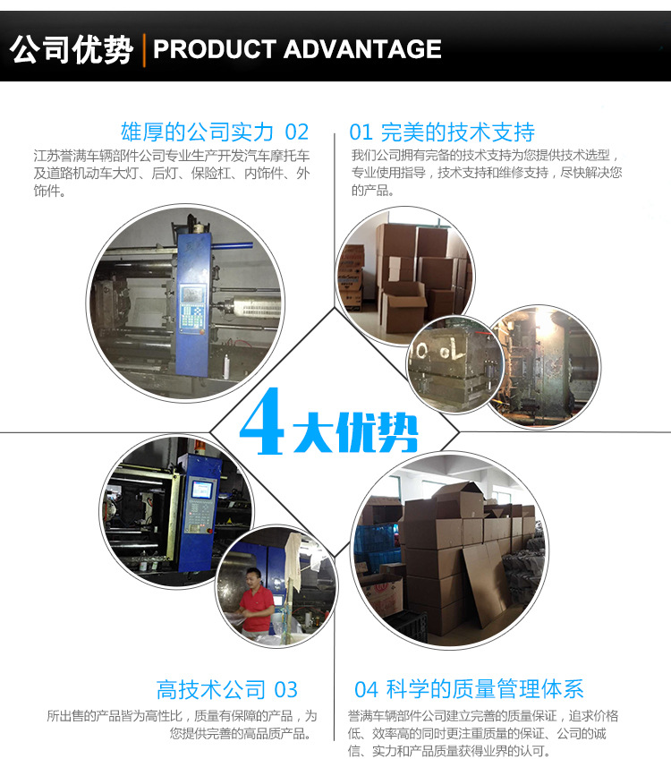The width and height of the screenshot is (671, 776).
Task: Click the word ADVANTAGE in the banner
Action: pyautogui.click(x=362, y=49)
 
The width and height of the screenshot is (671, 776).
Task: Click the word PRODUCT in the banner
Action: pyautogui.click(x=214, y=49)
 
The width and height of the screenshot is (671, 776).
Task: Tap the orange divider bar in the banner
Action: pyautogui.click(x=144, y=50)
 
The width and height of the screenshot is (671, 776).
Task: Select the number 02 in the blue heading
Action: pyautogui.click(x=296, y=132)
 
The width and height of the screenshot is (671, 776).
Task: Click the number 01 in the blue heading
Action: pyautogui.click(x=361, y=132)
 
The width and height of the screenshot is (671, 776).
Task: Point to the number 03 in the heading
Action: pyautogui.click(x=286, y=690)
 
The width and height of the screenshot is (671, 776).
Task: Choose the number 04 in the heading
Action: pyautogui.click(x=366, y=689)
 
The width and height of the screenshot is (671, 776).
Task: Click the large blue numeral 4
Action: pyautogui.click(x=262, y=421)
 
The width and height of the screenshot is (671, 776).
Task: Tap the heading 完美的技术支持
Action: pyautogui.click(x=458, y=132)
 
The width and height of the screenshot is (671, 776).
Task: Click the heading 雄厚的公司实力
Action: pyautogui.click(x=197, y=132)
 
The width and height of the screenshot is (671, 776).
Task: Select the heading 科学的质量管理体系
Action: pyautogui.click(x=485, y=689)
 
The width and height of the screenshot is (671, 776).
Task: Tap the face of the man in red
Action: pyautogui.click(x=253, y=578)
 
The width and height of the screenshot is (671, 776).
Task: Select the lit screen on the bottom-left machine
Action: pyautogui.click(x=201, y=490)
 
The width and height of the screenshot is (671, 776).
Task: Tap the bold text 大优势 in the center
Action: pyautogui.click(x=355, y=432)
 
